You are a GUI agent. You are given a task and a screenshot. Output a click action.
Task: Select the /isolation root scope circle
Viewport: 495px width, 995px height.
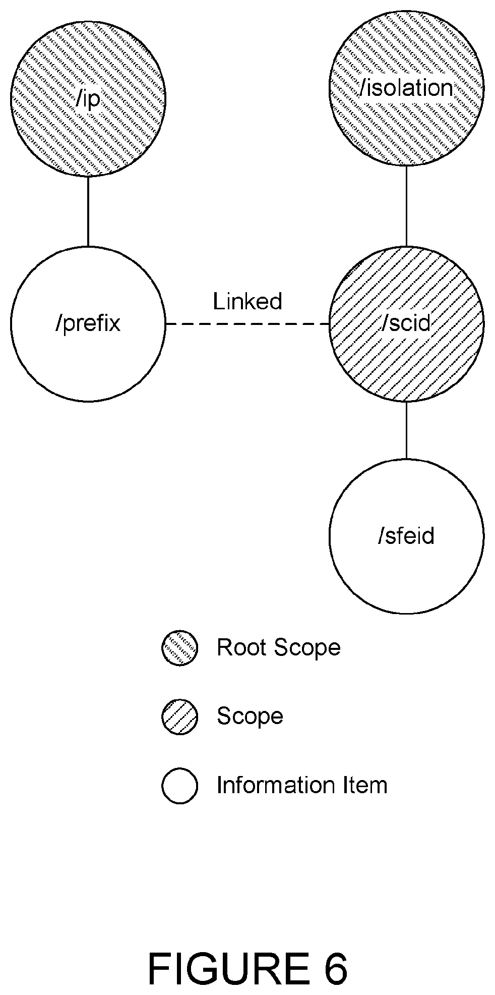click(406, 88)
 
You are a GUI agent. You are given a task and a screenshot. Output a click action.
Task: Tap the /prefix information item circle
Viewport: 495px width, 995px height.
click(88, 324)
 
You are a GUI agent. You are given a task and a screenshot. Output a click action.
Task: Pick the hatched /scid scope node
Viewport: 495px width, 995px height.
click(406, 324)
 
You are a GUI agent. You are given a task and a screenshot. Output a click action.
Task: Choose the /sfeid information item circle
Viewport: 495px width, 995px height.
click(406, 536)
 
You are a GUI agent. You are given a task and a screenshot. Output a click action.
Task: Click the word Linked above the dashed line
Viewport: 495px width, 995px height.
click(247, 301)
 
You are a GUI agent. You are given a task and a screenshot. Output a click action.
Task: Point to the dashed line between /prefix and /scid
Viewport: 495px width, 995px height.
click(247, 324)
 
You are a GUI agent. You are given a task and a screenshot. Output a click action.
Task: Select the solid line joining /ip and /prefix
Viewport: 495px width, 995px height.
click(88, 211)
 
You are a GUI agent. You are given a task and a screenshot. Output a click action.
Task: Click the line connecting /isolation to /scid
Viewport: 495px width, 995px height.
click(406, 206)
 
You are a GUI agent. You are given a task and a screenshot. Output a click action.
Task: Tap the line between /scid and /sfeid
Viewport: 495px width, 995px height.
click(406, 430)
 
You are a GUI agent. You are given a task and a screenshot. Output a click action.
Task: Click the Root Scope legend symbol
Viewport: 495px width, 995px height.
click(179, 648)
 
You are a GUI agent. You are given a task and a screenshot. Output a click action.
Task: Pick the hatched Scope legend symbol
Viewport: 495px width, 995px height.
click(179, 717)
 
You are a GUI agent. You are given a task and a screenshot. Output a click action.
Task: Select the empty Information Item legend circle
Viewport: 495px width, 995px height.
click(179, 786)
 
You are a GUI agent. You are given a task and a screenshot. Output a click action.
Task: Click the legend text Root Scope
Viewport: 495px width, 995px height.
click(279, 648)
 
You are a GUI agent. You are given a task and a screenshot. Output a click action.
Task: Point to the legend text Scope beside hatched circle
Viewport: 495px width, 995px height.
click(250, 717)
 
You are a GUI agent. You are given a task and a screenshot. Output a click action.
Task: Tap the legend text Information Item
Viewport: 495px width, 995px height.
click(302, 786)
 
